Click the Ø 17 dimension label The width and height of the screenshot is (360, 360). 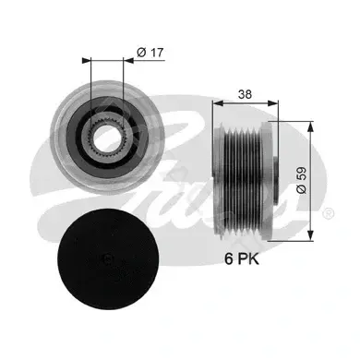(x=150, y=53)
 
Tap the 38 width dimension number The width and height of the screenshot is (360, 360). (x=245, y=94)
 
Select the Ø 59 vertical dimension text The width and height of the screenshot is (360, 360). (x=302, y=180)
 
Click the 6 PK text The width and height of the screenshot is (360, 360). (x=242, y=258)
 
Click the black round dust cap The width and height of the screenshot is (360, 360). (x=108, y=259)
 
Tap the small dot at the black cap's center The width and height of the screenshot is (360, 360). (x=107, y=258)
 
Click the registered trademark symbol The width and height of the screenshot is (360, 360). (x=328, y=213)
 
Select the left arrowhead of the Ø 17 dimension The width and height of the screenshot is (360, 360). (x=87, y=61)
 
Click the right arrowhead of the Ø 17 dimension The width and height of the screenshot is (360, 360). (x=128, y=61)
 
